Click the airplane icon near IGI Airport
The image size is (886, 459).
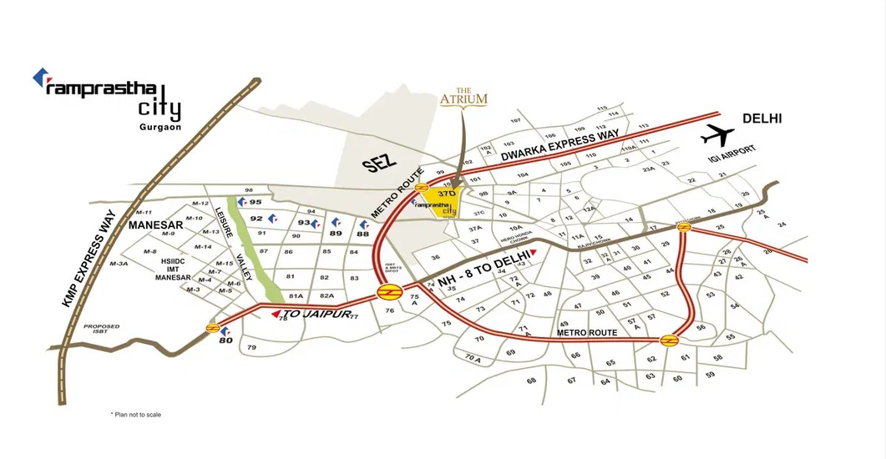click(717, 134)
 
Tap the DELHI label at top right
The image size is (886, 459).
click(762, 119)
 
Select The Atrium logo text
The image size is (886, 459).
click(463, 96)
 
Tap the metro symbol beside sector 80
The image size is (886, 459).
click(214, 327)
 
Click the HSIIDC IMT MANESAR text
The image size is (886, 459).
click(173, 269)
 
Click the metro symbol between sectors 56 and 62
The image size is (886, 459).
click(669, 340)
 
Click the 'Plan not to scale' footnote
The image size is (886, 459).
click(135, 414)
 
